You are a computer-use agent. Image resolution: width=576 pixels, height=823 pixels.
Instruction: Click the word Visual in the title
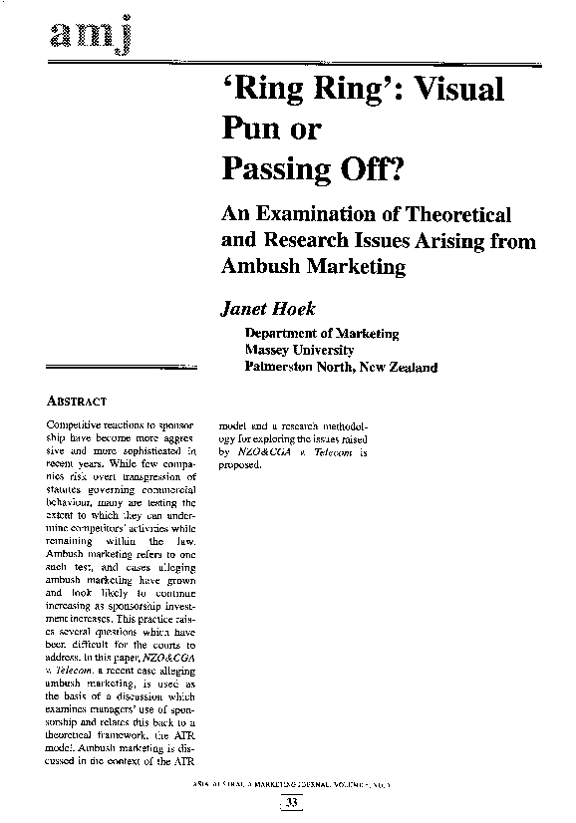point(455,90)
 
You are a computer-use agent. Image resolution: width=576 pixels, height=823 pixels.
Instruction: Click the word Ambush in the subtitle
point(258,267)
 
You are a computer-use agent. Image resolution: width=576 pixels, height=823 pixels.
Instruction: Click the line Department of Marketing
point(321,334)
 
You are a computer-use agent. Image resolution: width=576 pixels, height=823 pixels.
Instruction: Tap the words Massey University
point(299,351)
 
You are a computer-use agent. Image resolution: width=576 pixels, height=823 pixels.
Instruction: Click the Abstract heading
point(77,402)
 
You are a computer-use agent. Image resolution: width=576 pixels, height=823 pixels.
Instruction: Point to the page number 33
point(291,803)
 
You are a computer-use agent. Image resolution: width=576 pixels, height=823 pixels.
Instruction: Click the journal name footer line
point(290,786)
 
